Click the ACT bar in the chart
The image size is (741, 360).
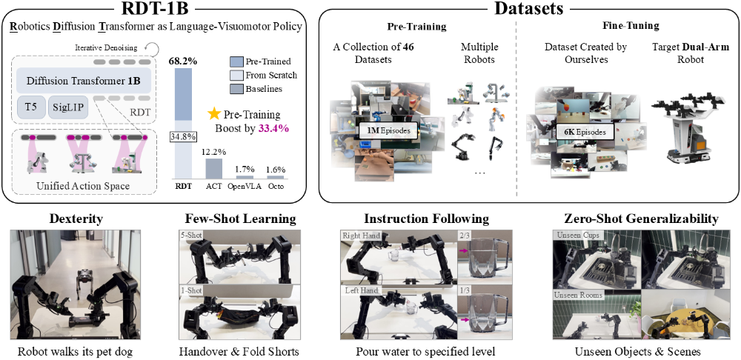click(213, 167)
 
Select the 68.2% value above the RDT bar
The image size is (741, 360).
click(182, 62)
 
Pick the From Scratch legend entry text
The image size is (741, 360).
click(272, 74)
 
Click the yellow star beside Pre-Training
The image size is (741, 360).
click(214, 114)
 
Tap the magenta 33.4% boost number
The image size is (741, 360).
click(276, 127)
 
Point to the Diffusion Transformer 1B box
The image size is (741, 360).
click(84, 80)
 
